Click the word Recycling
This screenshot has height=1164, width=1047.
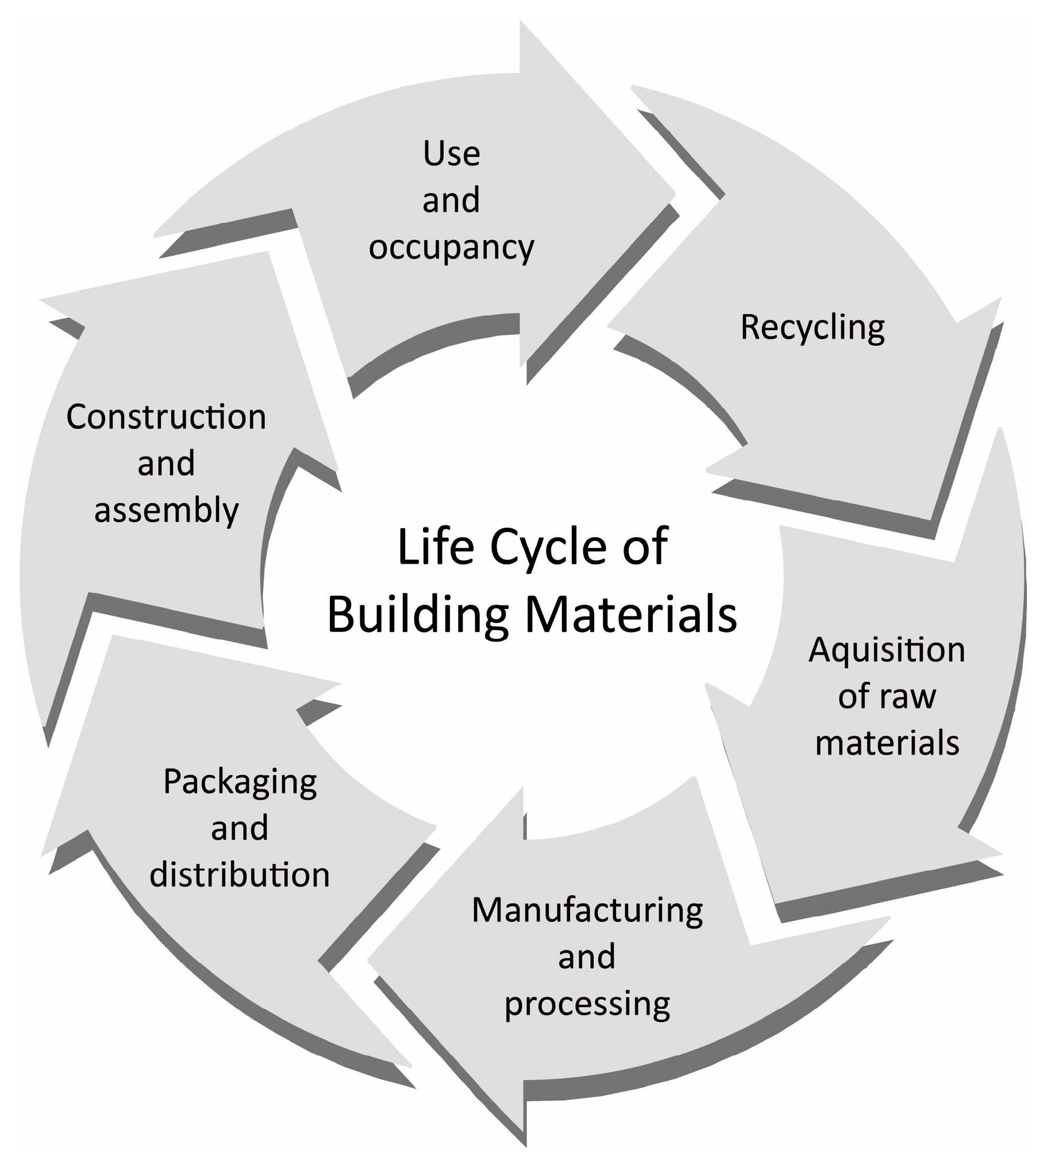point(813,328)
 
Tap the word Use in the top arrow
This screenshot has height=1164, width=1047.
point(451,154)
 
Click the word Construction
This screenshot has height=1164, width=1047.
point(166,417)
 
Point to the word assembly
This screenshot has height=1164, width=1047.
point(166,511)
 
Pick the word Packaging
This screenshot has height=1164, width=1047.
point(240,782)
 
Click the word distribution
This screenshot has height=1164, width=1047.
point(240,875)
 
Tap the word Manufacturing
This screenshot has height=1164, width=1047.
point(587,911)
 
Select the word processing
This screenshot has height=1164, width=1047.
point(587,1004)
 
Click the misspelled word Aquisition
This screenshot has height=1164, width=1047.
point(887,650)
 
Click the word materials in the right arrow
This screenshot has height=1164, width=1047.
point(887,743)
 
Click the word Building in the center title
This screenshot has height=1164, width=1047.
point(418,614)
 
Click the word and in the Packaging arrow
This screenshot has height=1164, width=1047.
point(240,828)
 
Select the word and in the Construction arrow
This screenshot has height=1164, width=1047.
point(166,464)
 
